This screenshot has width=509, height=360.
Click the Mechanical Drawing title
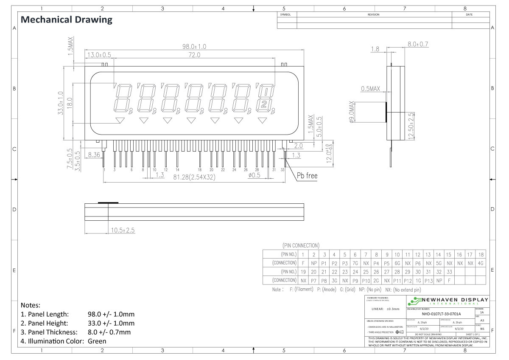click(x=67, y=20)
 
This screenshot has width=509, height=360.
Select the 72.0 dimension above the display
click(x=194, y=55)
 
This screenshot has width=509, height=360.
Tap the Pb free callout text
click(x=307, y=175)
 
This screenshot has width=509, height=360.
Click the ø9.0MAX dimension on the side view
click(x=352, y=112)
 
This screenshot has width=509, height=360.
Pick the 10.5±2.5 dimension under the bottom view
click(x=123, y=230)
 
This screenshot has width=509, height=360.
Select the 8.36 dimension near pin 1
click(x=94, y=155)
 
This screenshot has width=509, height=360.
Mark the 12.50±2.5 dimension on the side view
click(x=411, y=126)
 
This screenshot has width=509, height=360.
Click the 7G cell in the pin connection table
click(x=355, y=263)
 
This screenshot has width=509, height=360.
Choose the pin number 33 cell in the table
click(x=449, y=272)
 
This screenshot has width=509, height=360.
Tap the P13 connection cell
click(x=428, y=281)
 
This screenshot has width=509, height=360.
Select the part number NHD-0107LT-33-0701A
click(x=441, y=314)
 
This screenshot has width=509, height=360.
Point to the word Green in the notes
click(x=97, y=341)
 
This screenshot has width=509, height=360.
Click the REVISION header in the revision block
click(x=373, y=14)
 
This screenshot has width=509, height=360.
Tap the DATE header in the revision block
click(x=469, y=14)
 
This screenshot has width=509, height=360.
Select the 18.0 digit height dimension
click(x=70, y=103)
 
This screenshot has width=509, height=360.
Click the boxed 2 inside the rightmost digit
click(x=264, y=104)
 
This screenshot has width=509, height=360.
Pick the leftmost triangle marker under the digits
click(x=120, y=121)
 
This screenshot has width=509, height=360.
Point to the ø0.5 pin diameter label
click(x=255, y=175)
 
